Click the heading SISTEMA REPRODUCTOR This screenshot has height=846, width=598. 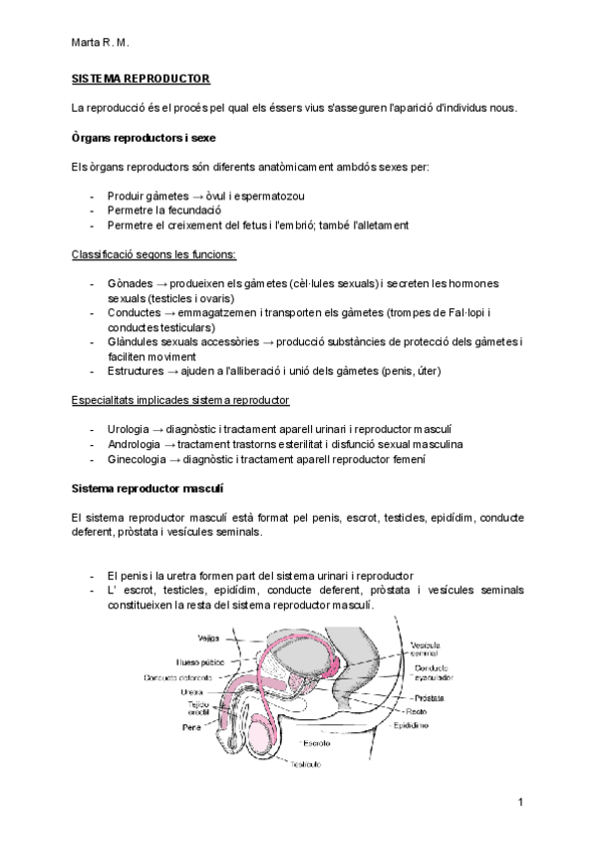141,77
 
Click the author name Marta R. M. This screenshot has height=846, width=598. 101,44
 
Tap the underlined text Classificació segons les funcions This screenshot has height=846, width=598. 153,254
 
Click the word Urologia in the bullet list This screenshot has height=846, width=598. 131,428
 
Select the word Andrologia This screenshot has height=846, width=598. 135,444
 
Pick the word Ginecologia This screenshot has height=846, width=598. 137,460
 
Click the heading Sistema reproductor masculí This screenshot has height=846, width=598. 148,489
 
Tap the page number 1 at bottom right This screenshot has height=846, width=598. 520,802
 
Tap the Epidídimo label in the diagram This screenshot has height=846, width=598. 410,725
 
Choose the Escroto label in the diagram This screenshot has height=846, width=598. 317,743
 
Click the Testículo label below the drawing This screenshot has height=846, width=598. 306,764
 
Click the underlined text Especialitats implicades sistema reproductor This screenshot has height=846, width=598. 180,400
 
